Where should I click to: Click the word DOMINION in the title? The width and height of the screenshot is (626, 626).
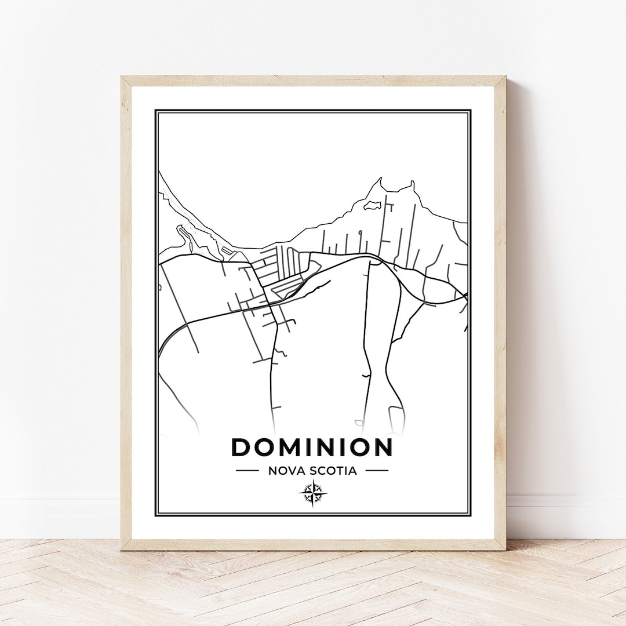pos(312,447)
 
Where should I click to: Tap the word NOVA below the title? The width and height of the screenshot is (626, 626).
pos(282,471)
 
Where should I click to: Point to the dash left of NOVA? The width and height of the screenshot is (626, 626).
pos(248,471)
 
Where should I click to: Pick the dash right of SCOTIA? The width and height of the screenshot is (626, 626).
pos(377,471)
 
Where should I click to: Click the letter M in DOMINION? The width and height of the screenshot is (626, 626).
pos(293,447)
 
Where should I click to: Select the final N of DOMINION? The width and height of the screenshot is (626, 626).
pos(383,447)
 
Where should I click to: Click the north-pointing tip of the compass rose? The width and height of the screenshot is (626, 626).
pos(313,481)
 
